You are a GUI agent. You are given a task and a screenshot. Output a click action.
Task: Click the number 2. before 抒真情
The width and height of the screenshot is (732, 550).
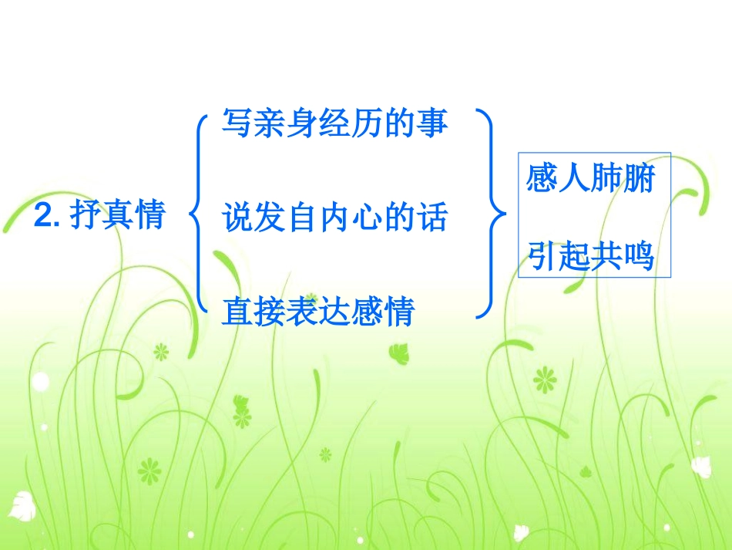[48, 217]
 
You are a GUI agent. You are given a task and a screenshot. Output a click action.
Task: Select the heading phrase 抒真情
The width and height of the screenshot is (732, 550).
[117, 217]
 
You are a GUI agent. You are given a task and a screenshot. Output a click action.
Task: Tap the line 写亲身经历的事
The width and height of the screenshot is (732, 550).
[334, 123]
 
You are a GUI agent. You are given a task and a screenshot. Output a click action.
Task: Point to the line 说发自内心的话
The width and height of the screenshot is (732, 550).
[334, 218]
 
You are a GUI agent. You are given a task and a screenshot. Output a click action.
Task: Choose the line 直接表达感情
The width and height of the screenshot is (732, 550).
[318, 312]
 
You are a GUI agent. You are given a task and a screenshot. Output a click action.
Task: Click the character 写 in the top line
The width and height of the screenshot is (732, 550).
[236, 123]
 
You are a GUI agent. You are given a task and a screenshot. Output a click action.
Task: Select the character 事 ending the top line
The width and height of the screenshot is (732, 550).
[432, 123]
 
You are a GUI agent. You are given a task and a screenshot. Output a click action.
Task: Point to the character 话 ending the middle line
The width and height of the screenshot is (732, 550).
[432, 218]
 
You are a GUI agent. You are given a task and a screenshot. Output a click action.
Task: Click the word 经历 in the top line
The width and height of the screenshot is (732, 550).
[334, 123]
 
